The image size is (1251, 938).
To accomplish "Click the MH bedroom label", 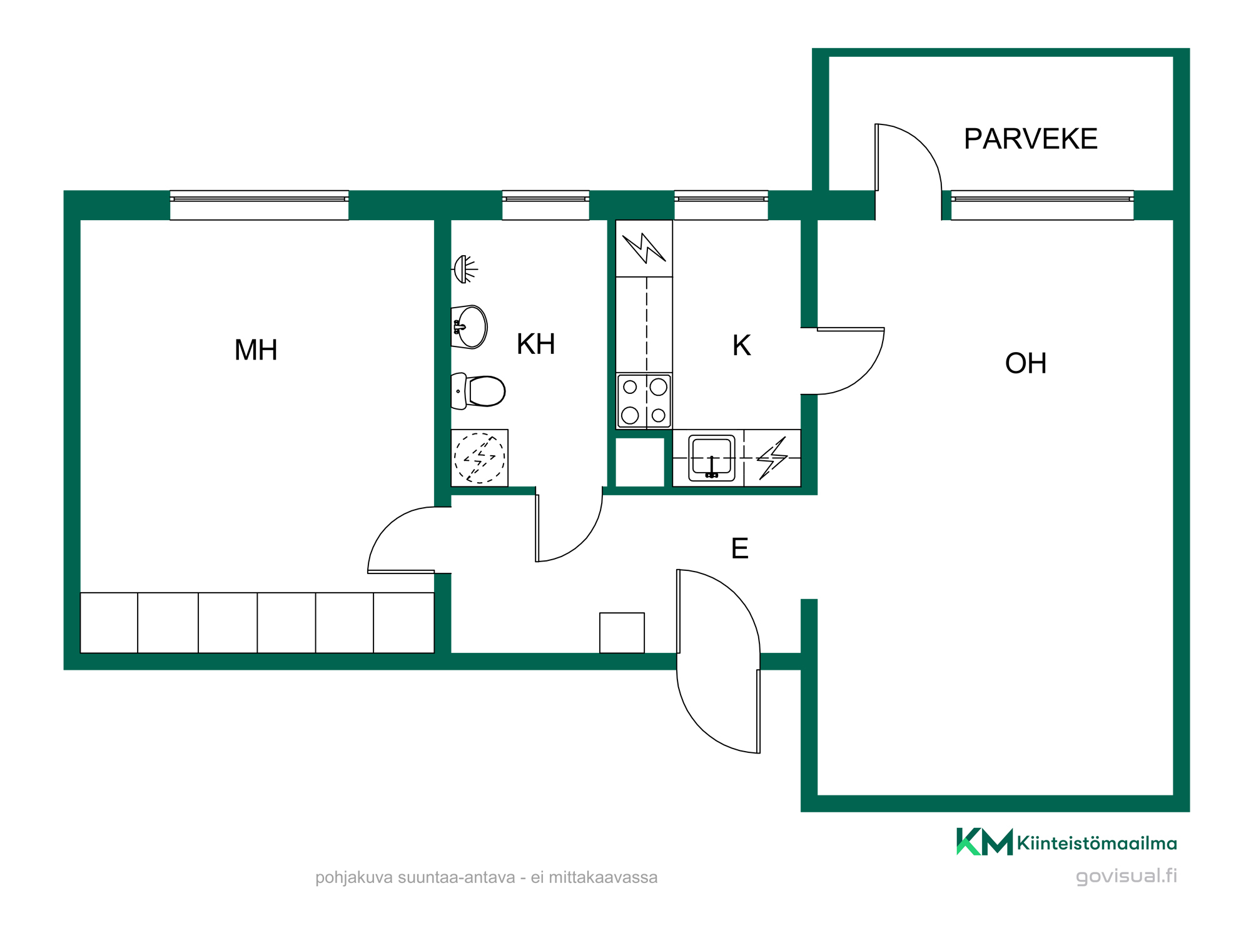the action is pyautogui.click(x=256, y=350).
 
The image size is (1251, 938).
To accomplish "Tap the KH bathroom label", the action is pyautogui.click(x=536, y=344).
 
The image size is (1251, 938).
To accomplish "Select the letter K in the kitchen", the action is pyautogui.click(x=742, y=345).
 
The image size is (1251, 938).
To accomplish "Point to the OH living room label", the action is pyautogui.click(x=1026, y=363).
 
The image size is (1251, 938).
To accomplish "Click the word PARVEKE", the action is pyautogui.click(x=1031, y=139).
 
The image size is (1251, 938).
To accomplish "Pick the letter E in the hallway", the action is pyautogui.click(x=740, y=548).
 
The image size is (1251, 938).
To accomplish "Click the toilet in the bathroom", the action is pyautogui.click(x=478, y=391).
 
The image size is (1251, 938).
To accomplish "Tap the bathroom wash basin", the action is pyautogui.click(x=469, y=326).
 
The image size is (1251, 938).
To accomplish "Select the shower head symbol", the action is pyautogui.click(x=465, y=270).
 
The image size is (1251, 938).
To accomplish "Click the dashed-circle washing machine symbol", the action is pyautogui.click(x=480, y=458).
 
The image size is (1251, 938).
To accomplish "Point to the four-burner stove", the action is pyautogui.click(x=644, y=401).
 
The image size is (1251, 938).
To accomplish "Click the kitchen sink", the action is pyautogui.click(x=712, y=458).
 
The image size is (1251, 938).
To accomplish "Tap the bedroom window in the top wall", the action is pyautogui.click(x=259, y=205).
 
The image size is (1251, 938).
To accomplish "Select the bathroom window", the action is pyautogui.click(x=545, y=205).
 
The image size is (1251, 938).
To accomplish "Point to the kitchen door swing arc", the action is pyautogui.click(x=865, y=375).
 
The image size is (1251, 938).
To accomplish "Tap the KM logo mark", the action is pyautogui.click(x=985, y=842).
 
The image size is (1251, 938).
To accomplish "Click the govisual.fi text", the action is pyautogui.click(x=1127, y=876).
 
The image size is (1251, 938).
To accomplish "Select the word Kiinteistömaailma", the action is pyautogui.click(x=1097, y=844).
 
